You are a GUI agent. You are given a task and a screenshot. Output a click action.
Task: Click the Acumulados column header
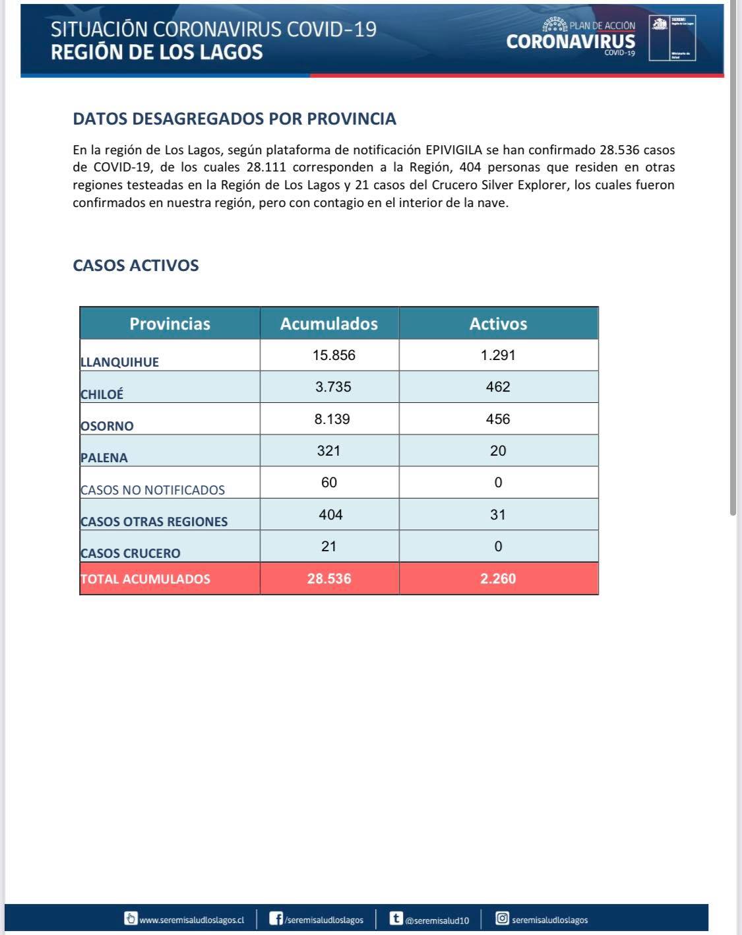point(329,324)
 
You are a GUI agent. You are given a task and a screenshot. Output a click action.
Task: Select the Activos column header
point(498,324)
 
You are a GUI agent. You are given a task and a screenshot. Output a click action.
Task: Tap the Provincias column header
point(170,324)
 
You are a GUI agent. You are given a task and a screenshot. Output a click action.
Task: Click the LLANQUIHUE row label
point(119,362)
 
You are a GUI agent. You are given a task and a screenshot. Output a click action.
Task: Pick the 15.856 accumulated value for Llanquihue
point(334,355)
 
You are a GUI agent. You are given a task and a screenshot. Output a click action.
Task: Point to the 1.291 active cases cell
point(498,355)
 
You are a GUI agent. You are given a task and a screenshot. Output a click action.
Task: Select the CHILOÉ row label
point(102,394)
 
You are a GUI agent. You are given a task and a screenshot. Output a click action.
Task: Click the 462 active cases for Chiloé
point(498,387)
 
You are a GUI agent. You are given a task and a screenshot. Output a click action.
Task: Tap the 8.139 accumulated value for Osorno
point(332,419)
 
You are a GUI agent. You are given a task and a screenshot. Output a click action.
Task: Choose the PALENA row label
point(104,458)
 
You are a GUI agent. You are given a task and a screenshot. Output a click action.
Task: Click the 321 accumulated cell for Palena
point(328,451)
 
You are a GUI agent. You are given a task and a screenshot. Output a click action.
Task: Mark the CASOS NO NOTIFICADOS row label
point(152,490)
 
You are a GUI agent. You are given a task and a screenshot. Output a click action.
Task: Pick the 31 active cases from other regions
point(498,515)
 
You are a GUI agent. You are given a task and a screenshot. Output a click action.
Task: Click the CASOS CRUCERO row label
point(130,553)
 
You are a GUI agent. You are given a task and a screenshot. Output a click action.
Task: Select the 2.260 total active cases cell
point(498,579)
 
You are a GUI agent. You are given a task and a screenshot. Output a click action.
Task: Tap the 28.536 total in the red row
point(329,579)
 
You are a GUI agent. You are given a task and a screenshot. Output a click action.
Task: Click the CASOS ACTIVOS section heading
point(136,266)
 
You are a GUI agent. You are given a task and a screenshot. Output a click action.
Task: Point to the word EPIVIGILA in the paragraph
point(454,150)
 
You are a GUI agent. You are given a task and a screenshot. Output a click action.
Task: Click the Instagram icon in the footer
point(502,919)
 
